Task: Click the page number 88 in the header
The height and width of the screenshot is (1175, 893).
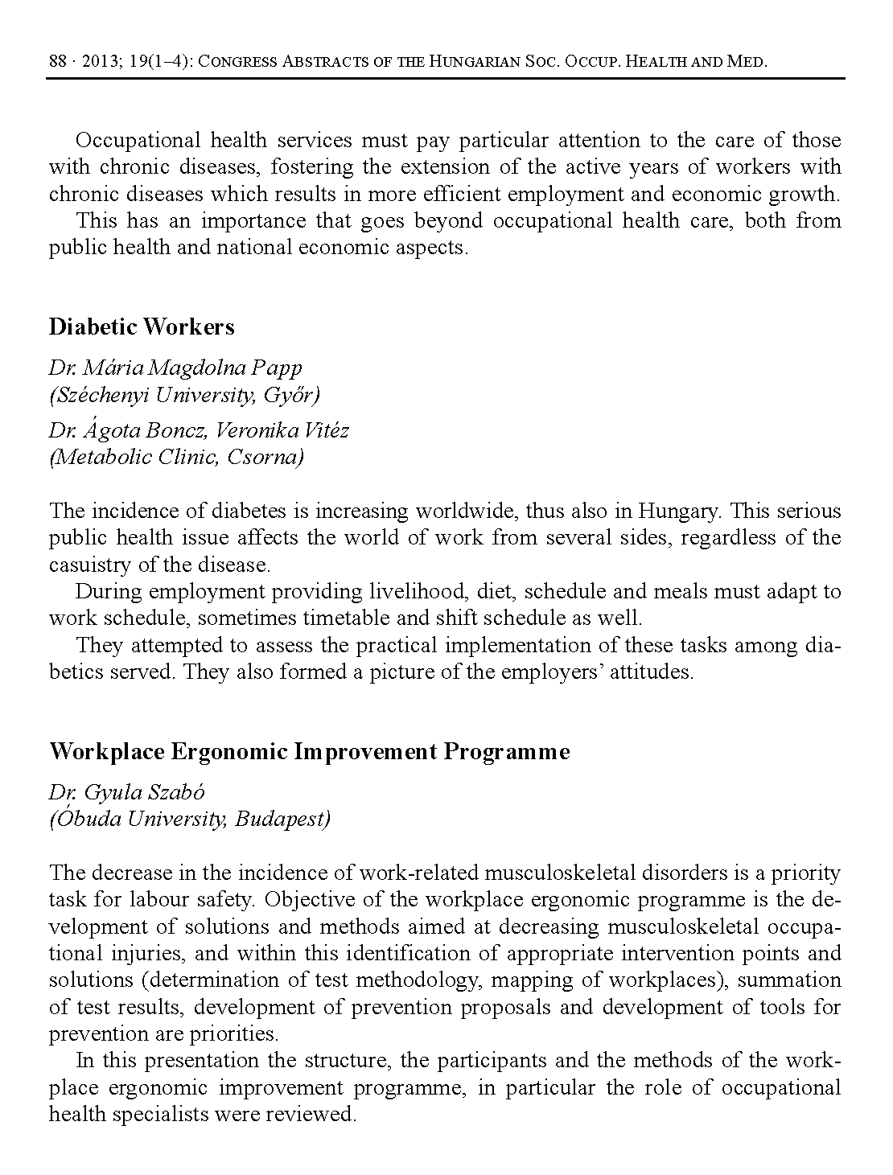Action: tap(57, 61)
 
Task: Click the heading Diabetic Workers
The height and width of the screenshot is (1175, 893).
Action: tap(142, 327)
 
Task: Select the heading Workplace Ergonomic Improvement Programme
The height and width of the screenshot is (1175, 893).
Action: tap(310, 751)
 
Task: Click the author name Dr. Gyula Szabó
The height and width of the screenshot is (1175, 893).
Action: tap(127, 792)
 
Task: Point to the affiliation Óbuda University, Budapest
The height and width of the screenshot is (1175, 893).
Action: tap(190, 819)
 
